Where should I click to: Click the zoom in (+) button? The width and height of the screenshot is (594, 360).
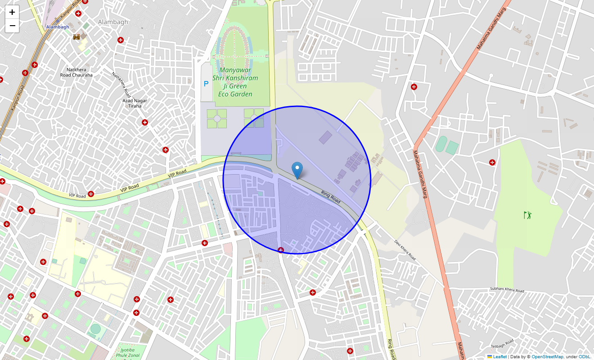[x=12, y=12]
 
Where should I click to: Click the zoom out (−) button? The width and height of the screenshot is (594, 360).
[x=12, y=26]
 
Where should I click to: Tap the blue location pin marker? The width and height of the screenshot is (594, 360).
[x=297, y=171]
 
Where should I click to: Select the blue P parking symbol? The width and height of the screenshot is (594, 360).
[x=206, y=84]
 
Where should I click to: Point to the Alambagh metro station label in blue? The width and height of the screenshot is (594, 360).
[x=58, y=27]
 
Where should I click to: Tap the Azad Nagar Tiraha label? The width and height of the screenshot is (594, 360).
[x=135, y=103]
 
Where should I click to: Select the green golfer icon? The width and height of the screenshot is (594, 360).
[x=528, y=215]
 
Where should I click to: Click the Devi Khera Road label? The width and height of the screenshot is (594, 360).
[x=405, y=250]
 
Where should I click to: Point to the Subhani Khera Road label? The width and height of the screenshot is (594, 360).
[x=507, y=290]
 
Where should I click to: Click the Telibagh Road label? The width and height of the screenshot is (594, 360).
[x=502, y=343]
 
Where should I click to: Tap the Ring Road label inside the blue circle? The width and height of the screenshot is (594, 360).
[x=331, y=196]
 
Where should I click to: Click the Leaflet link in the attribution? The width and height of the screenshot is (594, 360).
[x=499, y=357]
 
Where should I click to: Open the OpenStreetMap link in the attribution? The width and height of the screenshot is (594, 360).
[x=547, y=357]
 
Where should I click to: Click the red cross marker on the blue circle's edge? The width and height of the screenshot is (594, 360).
[x=281, y=250]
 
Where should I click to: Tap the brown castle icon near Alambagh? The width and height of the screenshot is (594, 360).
[x=76, y=36]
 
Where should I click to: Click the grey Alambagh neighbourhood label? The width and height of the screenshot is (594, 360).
[x=113, y=22]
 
